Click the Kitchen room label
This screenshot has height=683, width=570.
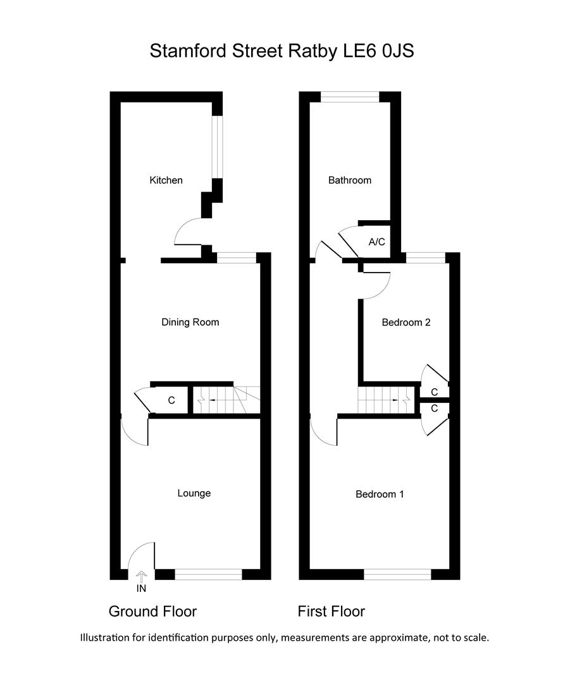[166, 180]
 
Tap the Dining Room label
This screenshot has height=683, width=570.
[190, 323]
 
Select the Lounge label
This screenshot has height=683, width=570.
[194, 493]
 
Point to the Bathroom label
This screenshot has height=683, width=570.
[349, 180]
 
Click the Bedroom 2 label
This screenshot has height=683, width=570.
[406, 323]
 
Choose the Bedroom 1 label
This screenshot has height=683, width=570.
[380, 495]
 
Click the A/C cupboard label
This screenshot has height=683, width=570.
[376, 242]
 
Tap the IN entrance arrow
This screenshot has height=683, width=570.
[141, 577]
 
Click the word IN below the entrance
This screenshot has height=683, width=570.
[141, 589]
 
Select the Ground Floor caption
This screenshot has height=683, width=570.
[152, 612]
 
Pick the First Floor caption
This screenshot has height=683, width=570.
[331, 612]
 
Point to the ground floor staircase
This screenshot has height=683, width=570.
[226, 400]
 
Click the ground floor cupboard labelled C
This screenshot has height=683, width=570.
[171, 400]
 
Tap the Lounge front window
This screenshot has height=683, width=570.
[208, 574]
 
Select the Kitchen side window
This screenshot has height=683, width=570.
[218, 147]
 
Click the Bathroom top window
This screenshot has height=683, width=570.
[350, 97]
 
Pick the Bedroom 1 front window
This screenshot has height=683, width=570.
[397, 574]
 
